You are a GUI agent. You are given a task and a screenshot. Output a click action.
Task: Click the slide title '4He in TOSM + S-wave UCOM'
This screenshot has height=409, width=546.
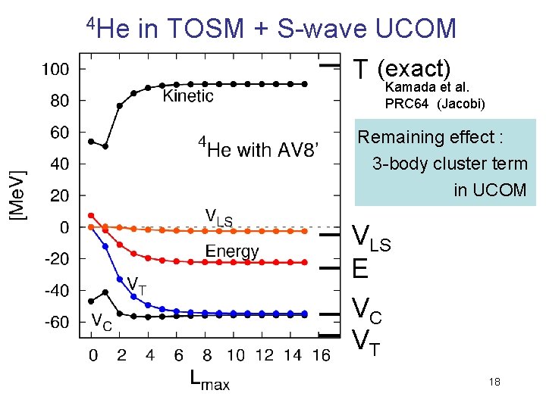(x=271, y=28)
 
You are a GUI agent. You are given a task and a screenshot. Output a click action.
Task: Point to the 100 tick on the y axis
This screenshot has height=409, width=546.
(x=55, y=69)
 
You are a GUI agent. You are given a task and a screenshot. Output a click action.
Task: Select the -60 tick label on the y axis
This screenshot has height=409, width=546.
(x=55, y=323)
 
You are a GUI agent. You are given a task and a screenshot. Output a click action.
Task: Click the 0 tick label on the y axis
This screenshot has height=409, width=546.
(x=64, y=227)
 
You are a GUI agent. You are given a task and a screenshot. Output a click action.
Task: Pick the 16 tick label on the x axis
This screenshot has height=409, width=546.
(x=321, y=354)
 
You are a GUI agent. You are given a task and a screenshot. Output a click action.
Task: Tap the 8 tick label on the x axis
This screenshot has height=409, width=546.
(x=207, y=354)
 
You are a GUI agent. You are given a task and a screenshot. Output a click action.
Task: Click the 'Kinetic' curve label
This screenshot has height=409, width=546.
(x=188, y=95)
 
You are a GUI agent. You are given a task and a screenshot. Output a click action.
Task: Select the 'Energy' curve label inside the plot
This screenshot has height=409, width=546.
(x=232, y=251)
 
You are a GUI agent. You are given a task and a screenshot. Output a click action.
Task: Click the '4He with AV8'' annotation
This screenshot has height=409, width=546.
(x=259, y=148)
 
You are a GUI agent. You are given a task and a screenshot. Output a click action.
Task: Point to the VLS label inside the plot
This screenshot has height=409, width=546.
(x=219, y=217)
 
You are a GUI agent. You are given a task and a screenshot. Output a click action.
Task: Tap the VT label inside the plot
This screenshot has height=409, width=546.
(x=136, y=285)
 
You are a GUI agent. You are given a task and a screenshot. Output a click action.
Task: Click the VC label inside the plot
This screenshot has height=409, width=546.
(x=102, y=320)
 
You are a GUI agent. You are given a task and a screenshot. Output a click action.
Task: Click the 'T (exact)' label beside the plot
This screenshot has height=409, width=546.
(x=402, y=69)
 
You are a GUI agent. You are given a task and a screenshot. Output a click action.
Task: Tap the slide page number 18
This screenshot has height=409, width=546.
(x=494, y=382)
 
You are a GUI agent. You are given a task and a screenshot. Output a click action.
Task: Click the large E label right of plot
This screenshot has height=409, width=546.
(x=361, y=269)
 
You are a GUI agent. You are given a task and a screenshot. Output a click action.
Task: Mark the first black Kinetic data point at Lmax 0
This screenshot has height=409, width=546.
(x=92, y=141)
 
